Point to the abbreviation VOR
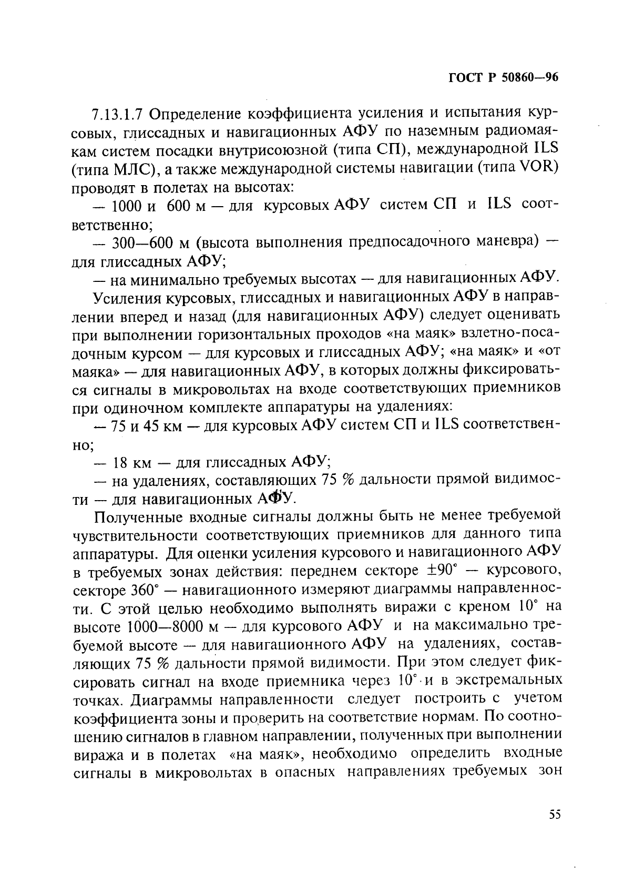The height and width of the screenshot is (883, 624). coord(532,168)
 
